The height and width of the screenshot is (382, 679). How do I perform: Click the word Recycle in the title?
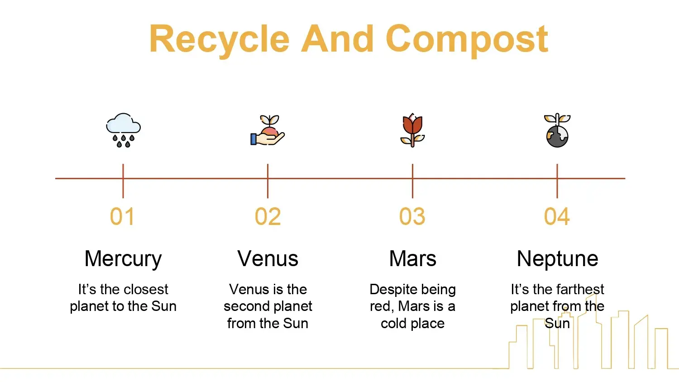pos(220,41)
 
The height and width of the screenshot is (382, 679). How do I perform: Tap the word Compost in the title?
pos(467,41)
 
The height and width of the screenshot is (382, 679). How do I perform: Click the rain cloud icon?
pos(124,130)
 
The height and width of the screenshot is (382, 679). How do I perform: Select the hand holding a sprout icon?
pos(268,130)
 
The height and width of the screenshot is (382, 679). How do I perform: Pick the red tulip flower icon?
pos(412,130)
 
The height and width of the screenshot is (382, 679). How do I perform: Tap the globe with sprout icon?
pos(557,130)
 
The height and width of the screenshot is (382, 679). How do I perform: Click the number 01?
pos(122,216)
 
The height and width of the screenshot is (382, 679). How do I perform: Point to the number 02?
pos(268,216)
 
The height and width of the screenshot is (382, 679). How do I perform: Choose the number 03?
pos(412,216)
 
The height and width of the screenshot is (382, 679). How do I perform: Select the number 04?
pos(557,216)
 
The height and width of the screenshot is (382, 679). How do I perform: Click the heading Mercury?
pos(123,259)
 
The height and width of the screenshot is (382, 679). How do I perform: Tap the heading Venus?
pos(268,259)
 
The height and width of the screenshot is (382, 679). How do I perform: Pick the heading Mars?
pos(412,259)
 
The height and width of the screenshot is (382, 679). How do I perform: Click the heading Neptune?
pos(557,259)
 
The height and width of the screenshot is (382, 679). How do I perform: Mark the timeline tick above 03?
pos(412,181)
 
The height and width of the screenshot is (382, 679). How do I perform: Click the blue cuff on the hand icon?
pos(253,139)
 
